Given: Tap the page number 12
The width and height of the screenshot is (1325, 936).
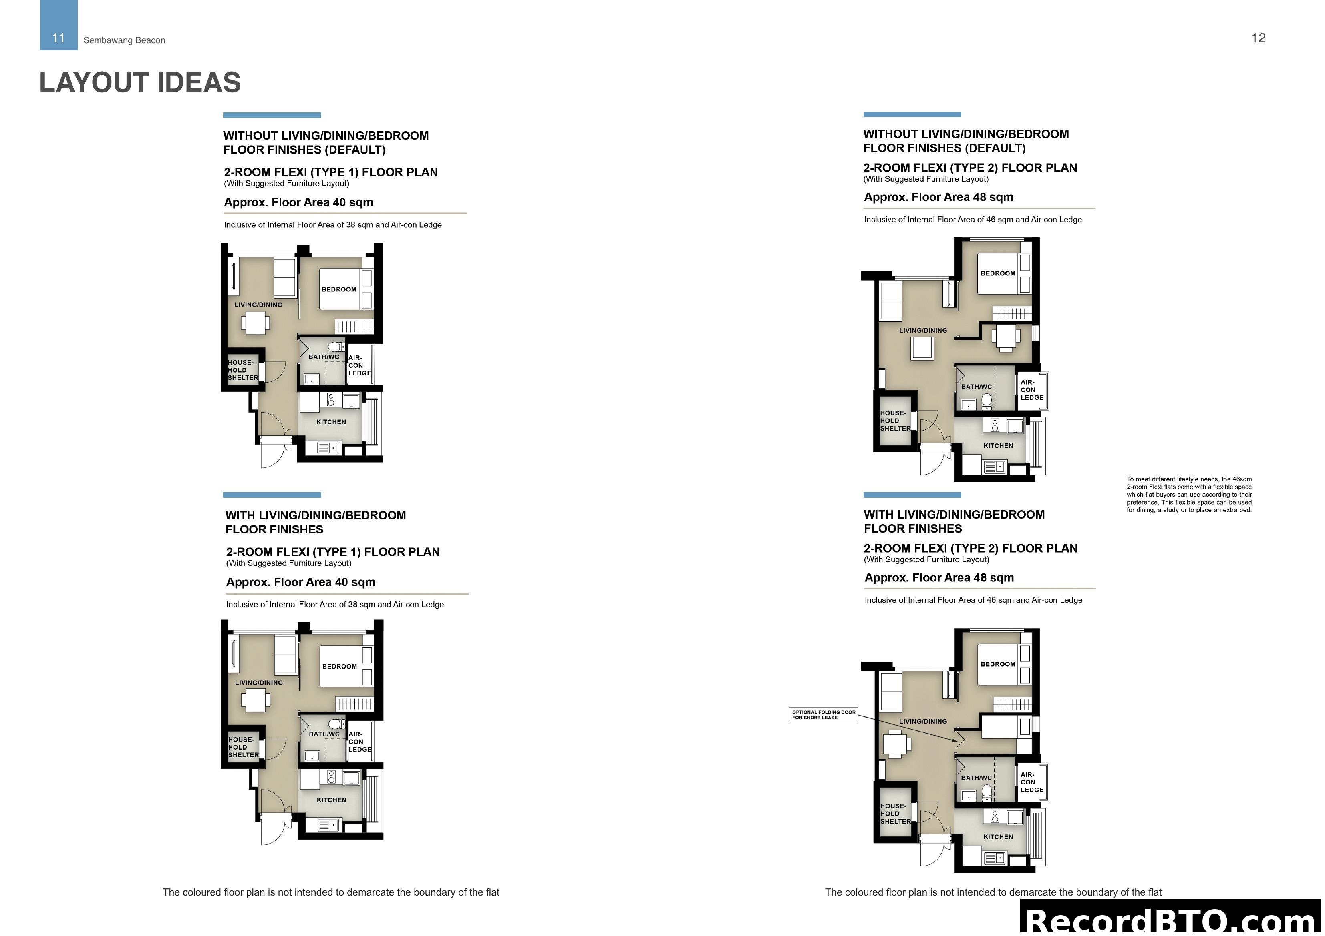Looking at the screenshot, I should click(1258, 38).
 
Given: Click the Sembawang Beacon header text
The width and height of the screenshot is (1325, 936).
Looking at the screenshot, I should click(124, 40).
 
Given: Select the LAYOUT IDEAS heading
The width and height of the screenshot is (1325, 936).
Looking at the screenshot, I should click(140, 82).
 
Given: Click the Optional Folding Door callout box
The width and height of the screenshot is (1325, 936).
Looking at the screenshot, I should click(824, 715).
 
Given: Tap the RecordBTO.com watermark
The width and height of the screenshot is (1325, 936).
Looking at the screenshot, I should click(1172, 920).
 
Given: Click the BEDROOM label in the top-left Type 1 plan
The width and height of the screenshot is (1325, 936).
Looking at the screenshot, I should click(339, 289).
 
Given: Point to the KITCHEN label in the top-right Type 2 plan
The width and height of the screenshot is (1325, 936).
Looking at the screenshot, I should click(998, 446).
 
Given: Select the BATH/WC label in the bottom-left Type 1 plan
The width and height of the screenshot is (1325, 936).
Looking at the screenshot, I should click(324, 734).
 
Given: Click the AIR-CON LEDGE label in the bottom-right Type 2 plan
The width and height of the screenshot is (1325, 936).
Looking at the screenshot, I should click(1031, 782).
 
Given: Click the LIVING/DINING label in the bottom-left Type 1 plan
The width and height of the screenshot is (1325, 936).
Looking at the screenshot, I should click(258, 683).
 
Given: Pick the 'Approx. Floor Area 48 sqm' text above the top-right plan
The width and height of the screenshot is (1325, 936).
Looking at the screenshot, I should click(938, 197).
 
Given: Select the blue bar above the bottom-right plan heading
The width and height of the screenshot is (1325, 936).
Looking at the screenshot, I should click(912, 495).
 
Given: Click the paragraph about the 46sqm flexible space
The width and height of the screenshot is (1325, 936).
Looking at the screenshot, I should click(1189, 494).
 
